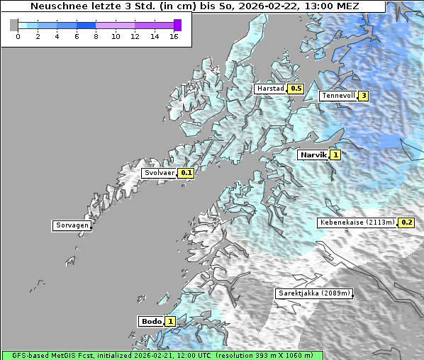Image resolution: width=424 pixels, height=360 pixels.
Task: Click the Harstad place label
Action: pos(270,89)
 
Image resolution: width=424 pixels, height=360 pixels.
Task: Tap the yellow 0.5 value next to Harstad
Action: pos(295,89)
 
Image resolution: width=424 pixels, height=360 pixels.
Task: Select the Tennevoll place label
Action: pos(337,96)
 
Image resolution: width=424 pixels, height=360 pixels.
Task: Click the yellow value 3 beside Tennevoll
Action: pos(364,96)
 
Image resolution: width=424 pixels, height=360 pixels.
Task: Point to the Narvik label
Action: pos(313,154)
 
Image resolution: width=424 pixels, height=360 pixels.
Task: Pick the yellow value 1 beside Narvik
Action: pos(335,154)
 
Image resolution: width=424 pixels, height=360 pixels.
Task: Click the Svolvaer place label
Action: pos(160,173)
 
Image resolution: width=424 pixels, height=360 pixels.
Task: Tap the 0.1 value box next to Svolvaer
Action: pos(186,173)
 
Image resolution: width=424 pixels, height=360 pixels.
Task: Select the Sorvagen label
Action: pos(72,226)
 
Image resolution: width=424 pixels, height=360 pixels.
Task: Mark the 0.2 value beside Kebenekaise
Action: pos(406,223)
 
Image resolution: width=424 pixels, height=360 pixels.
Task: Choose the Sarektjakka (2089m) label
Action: pos(313,293)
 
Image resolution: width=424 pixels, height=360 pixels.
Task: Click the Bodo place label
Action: pos(152,321)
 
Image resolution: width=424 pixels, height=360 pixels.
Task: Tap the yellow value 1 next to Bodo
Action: pos(170,321)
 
